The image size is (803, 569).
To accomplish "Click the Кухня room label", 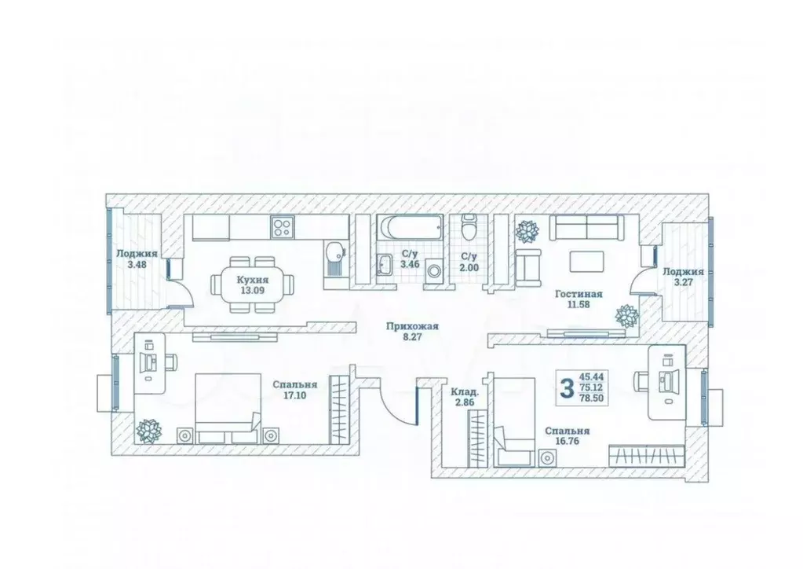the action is click(252, 280).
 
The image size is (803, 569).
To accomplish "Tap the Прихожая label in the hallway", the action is click(412, 326).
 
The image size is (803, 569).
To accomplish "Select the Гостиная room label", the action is click(579, 294).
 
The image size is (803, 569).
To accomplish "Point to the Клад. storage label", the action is click(465, 393).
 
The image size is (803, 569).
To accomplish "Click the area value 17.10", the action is click(294, 395).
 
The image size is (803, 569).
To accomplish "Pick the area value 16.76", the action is click(567, 441).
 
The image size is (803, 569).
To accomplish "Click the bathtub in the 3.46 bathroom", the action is click(410, 227).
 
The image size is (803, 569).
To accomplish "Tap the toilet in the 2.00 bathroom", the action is click(468, 227).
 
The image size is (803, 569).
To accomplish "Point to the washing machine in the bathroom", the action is click(433, 270).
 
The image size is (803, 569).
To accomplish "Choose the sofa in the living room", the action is click(586, 228).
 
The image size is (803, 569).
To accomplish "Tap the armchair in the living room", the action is click(527, 267).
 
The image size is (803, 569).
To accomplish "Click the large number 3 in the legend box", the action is click(567, 388).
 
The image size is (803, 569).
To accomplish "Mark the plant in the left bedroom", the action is click(149, 431).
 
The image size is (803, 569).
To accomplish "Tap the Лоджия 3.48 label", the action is click(137, 259).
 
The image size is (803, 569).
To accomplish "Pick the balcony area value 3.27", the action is click(683, 281).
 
